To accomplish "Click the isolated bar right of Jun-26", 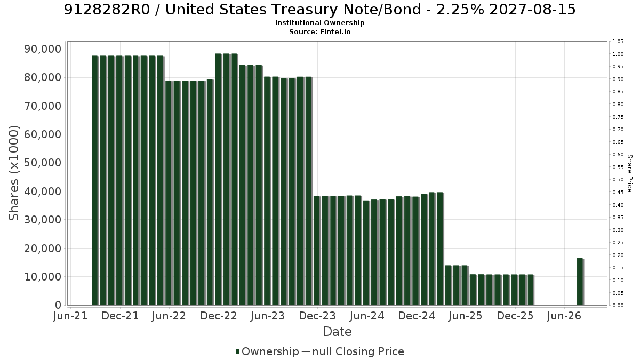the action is [x=580, y=282].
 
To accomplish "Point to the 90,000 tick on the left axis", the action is [x=42, y=49].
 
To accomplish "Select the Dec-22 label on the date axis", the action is [x=219, y=316].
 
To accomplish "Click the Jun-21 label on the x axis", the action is [x=70, y=316].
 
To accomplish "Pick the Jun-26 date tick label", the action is [x=564, y=316].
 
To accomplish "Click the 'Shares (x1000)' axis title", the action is [x=13, y=173].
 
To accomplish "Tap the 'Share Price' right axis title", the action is [x=630, y=173].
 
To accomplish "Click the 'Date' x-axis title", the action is [x=337, y=332].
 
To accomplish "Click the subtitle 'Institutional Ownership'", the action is [x=319, y=23].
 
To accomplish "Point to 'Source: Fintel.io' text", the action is [x=319, y=31].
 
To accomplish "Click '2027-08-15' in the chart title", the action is [x=532, y=10].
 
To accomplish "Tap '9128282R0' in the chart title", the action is [x=107, y=10].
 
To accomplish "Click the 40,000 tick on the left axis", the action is [x=42, y=191].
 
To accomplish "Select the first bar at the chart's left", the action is [x=95, y=181].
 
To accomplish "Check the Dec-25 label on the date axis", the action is [x=515, y=316].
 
